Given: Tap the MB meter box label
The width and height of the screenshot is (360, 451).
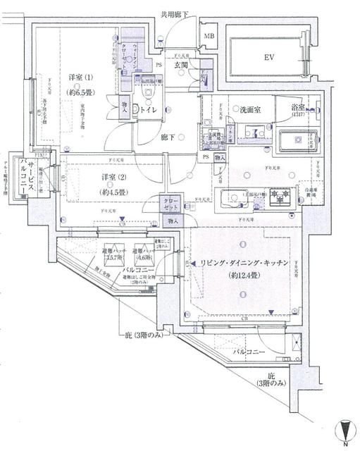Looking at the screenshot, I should click(x=210, y=36).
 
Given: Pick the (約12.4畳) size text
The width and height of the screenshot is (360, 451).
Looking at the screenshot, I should click(x=242, y=275).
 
